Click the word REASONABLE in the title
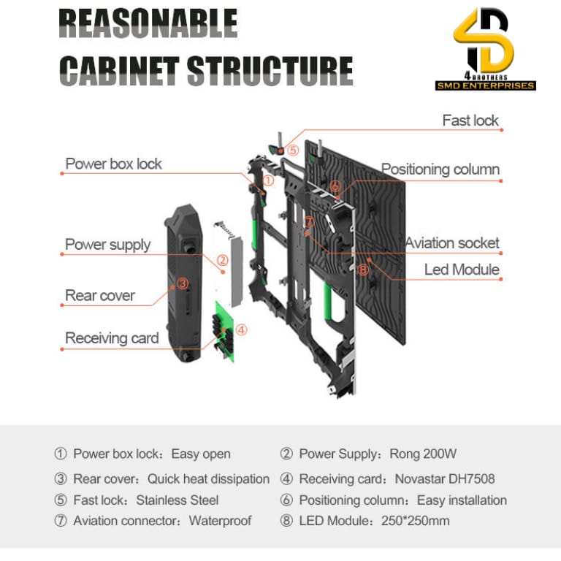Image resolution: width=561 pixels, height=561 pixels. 148,24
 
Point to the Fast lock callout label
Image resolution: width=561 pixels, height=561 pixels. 470,120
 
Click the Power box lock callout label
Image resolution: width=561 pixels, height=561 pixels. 114,164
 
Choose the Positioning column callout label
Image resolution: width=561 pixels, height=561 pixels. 440,169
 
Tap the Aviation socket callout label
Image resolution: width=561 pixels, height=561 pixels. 452,243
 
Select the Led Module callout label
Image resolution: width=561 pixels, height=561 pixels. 462,270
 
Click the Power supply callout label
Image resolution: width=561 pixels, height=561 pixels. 108,244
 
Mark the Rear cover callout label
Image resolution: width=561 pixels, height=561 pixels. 100,296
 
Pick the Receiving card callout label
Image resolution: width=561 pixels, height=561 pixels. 112,337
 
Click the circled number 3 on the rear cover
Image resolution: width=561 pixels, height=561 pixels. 183,283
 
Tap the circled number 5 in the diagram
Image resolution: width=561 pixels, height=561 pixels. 292,150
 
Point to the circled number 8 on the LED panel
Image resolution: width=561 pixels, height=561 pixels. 364,270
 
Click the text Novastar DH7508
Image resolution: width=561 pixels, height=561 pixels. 444,479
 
